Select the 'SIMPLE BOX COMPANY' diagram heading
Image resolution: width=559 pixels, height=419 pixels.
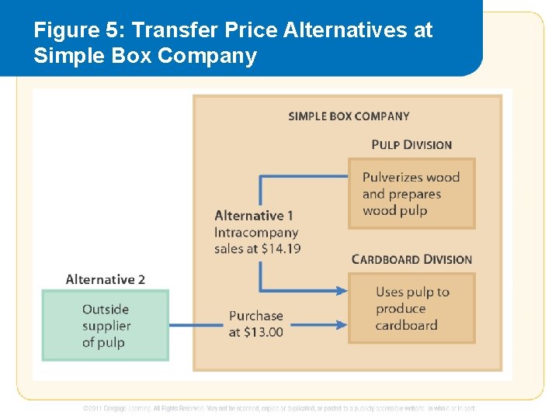click(349, 116)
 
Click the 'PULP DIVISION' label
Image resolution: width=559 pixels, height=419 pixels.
click(411, 144)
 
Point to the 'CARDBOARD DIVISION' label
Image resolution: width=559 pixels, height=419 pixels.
click(411, 259)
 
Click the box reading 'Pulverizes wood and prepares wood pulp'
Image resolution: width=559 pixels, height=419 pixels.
click(411, 193)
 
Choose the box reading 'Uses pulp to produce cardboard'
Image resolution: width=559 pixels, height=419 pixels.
click(411, 308)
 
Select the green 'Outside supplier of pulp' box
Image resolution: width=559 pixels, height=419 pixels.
click(106, 325)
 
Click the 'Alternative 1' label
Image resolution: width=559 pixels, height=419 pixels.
click(254, 216)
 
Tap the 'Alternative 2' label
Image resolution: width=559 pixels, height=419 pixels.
click(106, 279)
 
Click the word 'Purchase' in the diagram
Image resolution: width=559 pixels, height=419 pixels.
click(255, 316)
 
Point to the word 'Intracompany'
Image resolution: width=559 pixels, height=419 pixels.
click(256, 232)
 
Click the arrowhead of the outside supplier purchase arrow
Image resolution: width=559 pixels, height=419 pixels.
click(342, 325)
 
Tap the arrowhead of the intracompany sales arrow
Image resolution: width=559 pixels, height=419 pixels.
click(342, 291)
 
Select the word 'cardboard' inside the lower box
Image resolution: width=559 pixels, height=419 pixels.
click(406, 325)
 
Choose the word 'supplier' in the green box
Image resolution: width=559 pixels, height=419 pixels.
click(106, 326)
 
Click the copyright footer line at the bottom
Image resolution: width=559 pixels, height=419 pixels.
click(279, 407)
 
